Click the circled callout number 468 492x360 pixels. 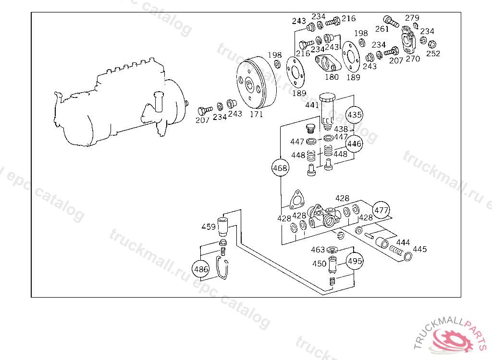(280, 168)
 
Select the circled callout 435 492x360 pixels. (355, 115)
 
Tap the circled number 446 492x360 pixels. (355, 144)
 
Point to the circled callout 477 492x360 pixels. (381, 210)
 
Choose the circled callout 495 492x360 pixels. (355, 261)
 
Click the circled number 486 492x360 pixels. (200, 269)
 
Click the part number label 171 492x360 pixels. (256, 115)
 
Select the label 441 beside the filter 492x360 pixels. (312, 105)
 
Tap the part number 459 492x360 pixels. (209, 227)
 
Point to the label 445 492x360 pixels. (419, 249)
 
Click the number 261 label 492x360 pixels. (381, 29)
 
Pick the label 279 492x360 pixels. (412, 18)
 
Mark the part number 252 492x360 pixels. (433, 53)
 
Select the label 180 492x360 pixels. (332, 77)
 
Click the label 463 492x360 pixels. (318, 250)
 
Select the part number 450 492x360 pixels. (319, 264)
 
